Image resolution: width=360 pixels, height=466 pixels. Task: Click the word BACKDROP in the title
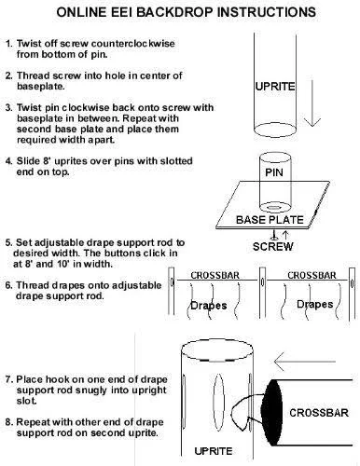[175, 12]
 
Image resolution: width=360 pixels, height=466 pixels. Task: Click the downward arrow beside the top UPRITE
[312, 103]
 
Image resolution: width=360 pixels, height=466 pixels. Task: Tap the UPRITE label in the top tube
[275, 87]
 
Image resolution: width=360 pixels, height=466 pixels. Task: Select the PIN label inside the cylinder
[274, 172]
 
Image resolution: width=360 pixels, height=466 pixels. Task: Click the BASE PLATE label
[270, 220]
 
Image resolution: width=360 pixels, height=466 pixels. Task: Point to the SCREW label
[273, 247]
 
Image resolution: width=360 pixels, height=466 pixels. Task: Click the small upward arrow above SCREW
[285, 235]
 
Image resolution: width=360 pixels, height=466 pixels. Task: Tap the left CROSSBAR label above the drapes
[215, 275]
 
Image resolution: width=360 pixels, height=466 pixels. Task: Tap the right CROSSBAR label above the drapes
[312, 275]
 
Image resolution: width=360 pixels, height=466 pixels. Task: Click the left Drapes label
[208, 305]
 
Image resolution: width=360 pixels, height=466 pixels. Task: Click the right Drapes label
[315, 304]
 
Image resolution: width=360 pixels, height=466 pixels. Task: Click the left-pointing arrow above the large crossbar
[305, 362]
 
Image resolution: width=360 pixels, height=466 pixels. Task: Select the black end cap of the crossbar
[271, 413]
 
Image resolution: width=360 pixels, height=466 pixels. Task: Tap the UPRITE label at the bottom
[214, 451]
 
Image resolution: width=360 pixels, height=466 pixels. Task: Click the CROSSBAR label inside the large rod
[319, 413]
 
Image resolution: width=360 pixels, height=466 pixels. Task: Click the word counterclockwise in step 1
[133, 44]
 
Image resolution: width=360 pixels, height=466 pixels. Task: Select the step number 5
[8, 242]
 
